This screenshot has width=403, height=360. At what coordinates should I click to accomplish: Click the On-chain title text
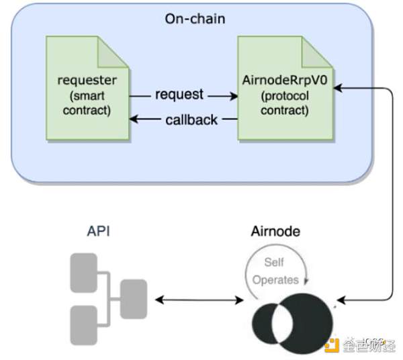pyautogui.click(x=195, y=18)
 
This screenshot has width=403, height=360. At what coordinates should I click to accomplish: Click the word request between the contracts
pyautogui.click(x=179, y=94)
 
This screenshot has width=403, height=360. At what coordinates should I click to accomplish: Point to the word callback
pyautogui.click(x=191, y=120)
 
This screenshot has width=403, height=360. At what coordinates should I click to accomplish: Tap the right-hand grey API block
pyautogui.click(x=132, y=299)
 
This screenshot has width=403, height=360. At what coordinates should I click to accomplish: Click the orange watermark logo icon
pyautogui.click(x=330, y=345)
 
